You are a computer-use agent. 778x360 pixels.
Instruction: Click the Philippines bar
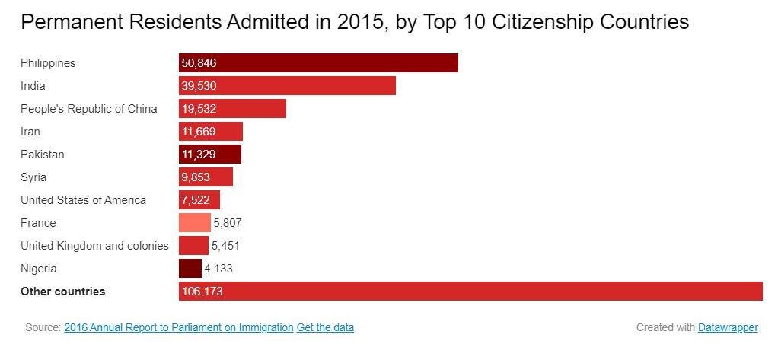318,63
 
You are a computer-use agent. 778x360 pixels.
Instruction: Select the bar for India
287,86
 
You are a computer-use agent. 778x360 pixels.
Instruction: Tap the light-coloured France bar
194,223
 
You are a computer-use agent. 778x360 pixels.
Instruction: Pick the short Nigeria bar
190,269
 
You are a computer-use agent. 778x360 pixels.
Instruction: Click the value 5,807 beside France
228,223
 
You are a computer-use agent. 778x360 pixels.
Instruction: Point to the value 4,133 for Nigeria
218,269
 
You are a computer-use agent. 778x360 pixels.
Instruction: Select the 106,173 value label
202,292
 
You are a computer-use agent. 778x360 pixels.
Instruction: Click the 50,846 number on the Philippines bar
199,63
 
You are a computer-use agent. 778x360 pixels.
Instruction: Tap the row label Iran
30,132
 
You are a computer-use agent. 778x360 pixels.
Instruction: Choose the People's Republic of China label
88,109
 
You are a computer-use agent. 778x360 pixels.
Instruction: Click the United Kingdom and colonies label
94,246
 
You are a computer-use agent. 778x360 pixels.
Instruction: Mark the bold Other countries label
62,292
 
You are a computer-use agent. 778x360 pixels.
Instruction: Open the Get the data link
325,327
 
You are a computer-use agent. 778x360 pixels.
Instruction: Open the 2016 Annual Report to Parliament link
178,327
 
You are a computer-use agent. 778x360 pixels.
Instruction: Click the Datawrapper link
728,327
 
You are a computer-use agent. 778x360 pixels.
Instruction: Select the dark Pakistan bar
209,155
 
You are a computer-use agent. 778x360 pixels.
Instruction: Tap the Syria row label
33,177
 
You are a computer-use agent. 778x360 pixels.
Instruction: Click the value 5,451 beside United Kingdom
225,246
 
